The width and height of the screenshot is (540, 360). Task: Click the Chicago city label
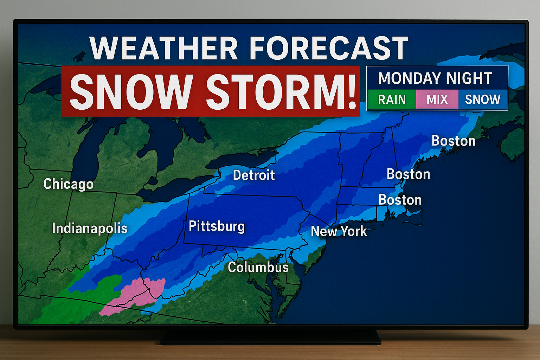pos(68,184)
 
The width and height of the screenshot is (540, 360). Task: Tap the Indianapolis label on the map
pos(90,229)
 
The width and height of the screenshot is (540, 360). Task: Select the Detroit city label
pos(254,175)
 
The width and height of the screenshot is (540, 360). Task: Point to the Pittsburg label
pos(217,226)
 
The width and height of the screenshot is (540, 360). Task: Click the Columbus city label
pos(258,267)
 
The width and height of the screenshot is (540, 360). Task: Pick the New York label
pos(339,231)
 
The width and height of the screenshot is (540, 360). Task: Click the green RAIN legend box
pos(392,99)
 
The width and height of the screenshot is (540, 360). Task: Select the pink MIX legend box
pos(437,99)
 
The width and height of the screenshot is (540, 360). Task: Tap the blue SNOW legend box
pos(483,99)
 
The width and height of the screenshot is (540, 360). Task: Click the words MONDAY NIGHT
pos(435,78)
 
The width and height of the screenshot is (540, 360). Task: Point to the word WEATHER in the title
pos(164,49)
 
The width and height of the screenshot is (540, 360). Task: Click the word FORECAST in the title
pos(329,49)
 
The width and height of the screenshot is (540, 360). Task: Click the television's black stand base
pos(271,339)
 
